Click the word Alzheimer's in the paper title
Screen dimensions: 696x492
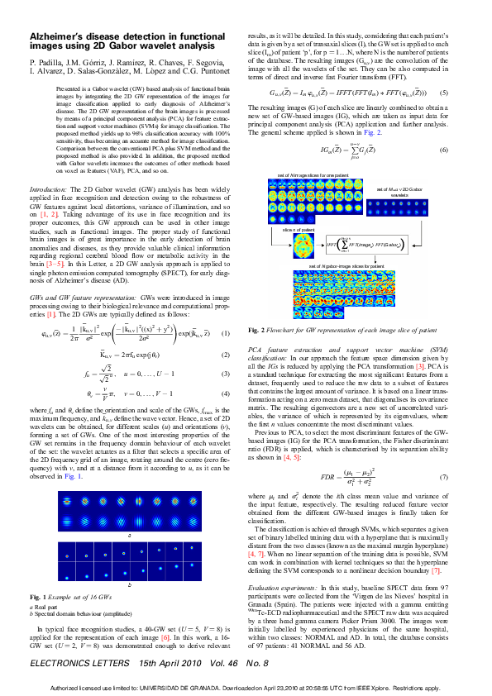tap(63, 38)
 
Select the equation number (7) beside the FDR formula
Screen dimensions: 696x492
tap(443, 478)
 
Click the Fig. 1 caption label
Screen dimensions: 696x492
tap(38, 596)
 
